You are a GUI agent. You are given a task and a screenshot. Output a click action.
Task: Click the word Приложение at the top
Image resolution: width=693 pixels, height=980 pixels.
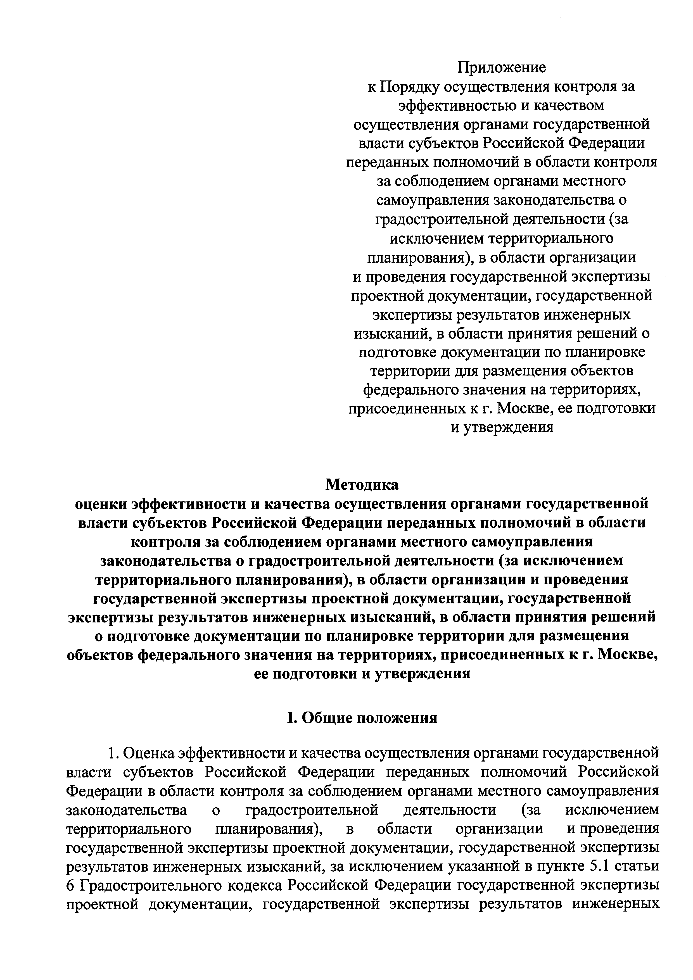(x=502, y=67)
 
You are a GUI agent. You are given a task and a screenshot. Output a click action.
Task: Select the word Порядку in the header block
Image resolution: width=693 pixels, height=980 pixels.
(x=408, y=87)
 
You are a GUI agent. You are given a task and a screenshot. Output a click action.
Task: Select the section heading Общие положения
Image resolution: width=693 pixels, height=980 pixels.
(x=370, y=718)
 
